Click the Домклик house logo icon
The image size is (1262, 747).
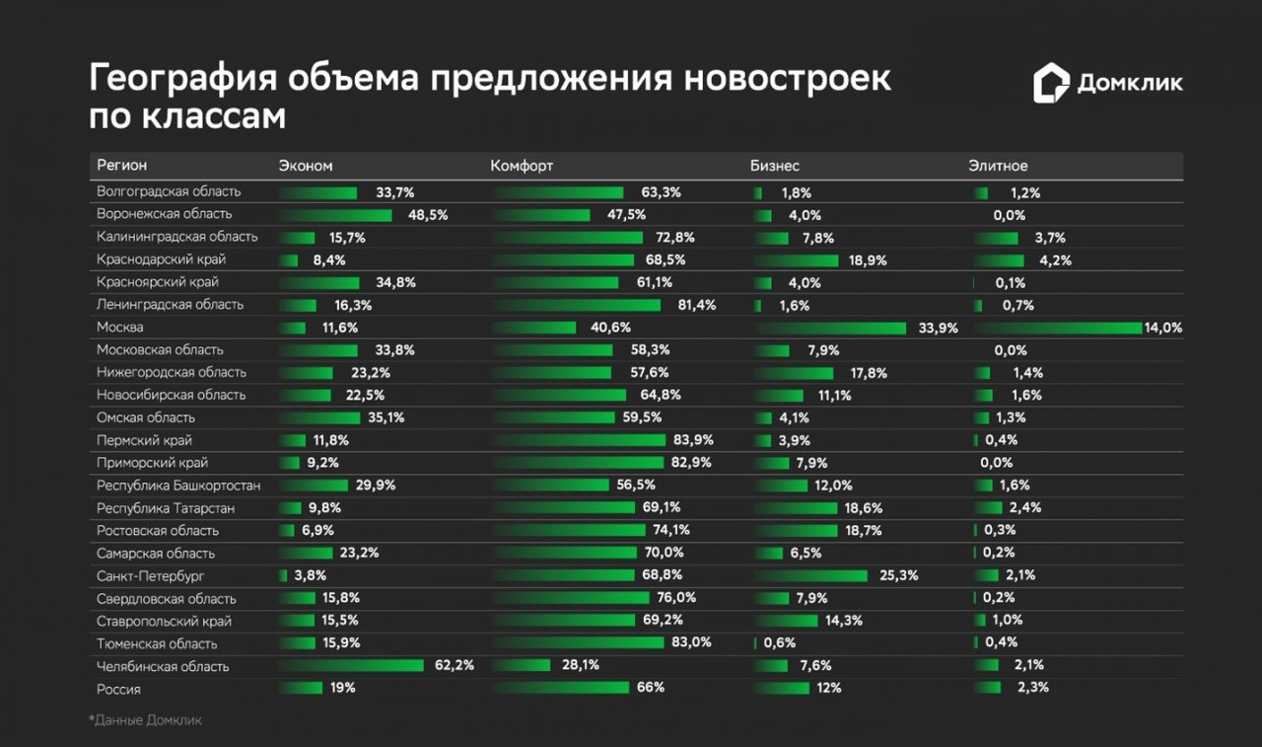[x=1051, y=84]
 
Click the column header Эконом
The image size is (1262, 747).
[x=306, y=166]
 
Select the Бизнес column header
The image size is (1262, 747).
[x=775, y=166]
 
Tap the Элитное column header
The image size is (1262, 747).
[x=998, y=166]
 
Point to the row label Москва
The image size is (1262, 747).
[x=120, y=328]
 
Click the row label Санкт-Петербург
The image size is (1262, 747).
[x=151, y=576]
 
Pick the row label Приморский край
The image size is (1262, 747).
[x=152, y=463]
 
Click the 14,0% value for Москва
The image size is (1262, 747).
[x=1162, y=328]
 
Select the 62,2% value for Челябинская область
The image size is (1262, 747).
[x=455, y=666]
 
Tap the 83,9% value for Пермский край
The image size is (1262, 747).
[x=693, y=440]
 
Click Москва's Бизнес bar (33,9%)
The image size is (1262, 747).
[x=830, y=328]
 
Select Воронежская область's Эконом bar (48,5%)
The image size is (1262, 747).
[x=335, y=215]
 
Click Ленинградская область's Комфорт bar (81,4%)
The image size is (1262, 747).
[x=576, y=306]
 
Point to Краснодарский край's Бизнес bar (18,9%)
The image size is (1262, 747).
[x=798, y=261]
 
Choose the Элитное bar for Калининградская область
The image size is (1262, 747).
[x=995, y=238]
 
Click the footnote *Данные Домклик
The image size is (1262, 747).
[x=145, y=720]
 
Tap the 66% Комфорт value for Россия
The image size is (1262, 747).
[x=651, y=688]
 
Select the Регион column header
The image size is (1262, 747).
[x=122, y=166]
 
